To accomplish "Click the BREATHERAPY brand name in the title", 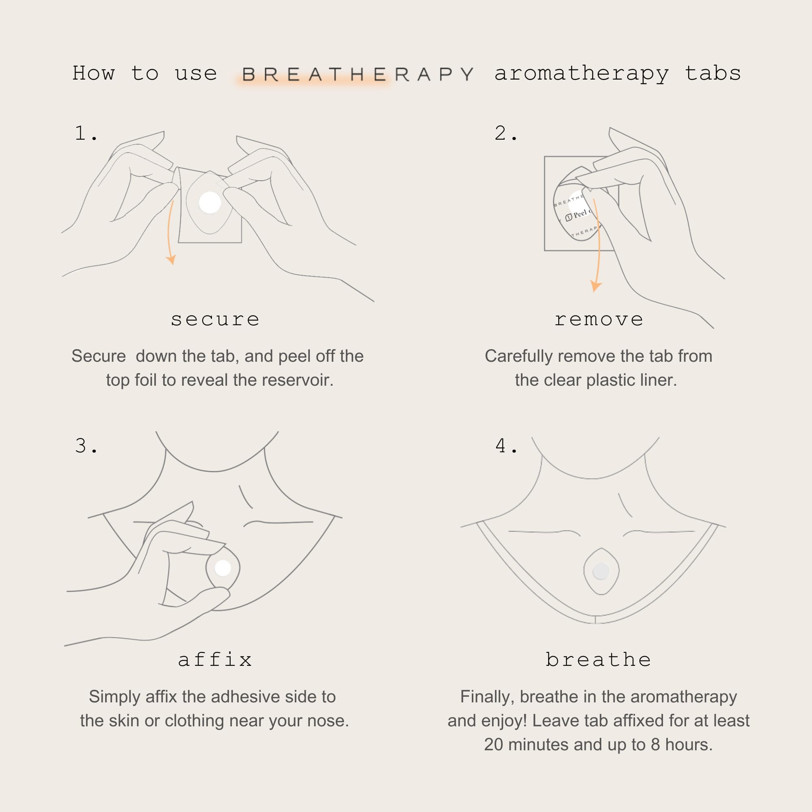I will [358, 74].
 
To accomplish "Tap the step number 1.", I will [83, 133].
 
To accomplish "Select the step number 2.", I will [503, 133].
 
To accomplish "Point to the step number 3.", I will [83, 446].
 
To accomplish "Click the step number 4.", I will [503, 446].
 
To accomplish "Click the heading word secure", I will [215, 320].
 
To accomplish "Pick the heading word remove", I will [598, 320].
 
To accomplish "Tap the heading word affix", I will [215, 660].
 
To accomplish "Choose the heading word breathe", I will [598, 660].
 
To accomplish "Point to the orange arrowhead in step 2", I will [596, 287].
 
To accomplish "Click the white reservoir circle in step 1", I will [210, 203].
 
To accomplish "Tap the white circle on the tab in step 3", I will [223, 568].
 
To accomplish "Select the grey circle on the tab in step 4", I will [600, 571].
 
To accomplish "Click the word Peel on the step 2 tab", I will [581, 214].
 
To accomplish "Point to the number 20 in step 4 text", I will [493, 745].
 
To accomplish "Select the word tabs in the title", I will [713, 73].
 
